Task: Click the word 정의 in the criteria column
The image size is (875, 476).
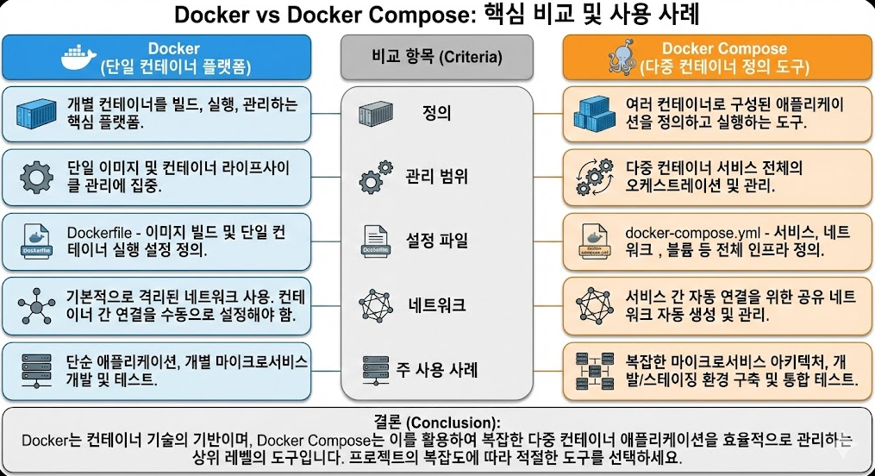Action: click(x=437, y=113)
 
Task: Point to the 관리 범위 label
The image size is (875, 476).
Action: click(x=436, y=177)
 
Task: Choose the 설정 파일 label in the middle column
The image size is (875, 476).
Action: click(x=436, y=240)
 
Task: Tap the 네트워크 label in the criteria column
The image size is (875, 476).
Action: click(x=436, y=304)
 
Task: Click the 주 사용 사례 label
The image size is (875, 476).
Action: click(x=436, y=370)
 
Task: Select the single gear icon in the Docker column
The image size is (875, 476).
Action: click(x=36, y=177)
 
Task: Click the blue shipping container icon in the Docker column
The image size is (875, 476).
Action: click(x=36, y=113)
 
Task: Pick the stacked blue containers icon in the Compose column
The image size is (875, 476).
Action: click(x=595, y=113)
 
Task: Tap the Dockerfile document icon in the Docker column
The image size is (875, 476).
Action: click(x=36, y=241)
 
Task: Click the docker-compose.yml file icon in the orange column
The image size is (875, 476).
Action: click(x=594, y=241)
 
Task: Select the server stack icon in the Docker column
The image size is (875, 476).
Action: click(x=36, y=369)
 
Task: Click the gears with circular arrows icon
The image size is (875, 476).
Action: click(x=594, y=177)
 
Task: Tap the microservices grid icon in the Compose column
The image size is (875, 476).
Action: click(x=594, y=369)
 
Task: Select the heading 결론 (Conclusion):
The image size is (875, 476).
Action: click(x=436, y=423)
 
